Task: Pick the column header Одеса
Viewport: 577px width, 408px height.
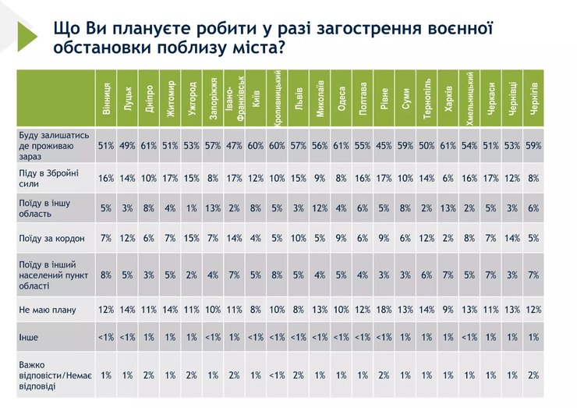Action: pos(342,98)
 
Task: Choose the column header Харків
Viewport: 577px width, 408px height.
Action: pos(448,98)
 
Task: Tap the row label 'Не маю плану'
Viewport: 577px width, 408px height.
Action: pos(47,310)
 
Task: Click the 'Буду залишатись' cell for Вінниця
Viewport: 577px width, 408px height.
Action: pos(106,145)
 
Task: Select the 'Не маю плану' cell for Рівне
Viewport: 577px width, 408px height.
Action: pos(384,310)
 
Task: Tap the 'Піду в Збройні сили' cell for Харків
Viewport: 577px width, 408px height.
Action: pos(448,178)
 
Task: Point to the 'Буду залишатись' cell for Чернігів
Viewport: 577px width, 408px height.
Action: pos(533,145)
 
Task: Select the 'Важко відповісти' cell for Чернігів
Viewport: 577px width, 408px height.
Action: pos(533,375)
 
